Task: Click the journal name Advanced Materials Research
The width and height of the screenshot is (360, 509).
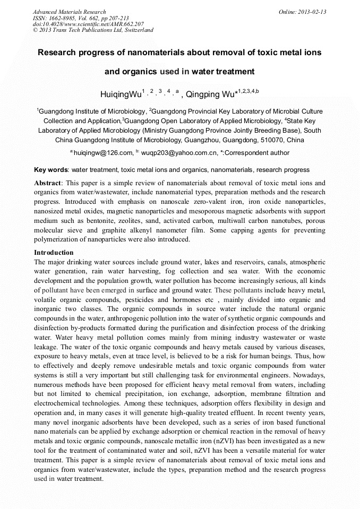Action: point(69,12)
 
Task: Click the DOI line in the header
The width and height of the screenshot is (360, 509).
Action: point(88,24)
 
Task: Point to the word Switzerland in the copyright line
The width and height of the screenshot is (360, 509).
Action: point(139,30)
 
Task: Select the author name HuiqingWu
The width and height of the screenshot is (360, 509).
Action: point(121,95)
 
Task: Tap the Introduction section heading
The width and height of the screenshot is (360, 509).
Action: point(54,253)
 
